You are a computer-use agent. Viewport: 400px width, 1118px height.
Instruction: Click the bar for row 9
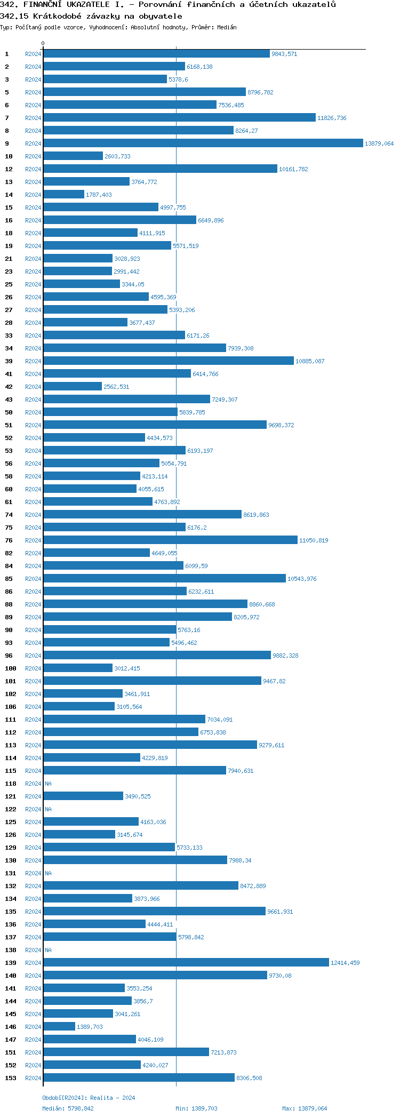tap(203, 143)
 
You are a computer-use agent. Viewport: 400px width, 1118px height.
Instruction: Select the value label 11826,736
tap(332, 118)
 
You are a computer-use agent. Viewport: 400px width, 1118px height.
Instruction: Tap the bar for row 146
tap(59, 1026)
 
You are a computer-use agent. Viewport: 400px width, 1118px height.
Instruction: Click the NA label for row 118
tap(48, 784)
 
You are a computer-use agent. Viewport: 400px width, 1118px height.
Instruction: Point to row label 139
tap(11, 963)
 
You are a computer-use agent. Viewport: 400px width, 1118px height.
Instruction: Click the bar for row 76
tap(170, 540)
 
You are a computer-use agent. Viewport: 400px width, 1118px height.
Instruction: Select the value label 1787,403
tap(99, 195)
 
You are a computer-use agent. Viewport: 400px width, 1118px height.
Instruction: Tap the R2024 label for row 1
tap(33, 54)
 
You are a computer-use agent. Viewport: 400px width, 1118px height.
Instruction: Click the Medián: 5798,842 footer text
tap(68, 1108)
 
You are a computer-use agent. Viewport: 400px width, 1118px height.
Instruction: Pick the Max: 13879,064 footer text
tap(305, 1108)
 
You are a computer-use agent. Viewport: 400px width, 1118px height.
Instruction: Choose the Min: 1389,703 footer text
tap(196, 1108)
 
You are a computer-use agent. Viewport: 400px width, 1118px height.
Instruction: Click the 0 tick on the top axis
tap(43, 44)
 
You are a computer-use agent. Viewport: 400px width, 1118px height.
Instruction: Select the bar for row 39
tap(169, 361)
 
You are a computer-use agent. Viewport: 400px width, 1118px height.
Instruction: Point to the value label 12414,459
tap(345, 963)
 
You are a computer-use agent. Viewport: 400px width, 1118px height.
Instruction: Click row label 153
tap(11, 1078)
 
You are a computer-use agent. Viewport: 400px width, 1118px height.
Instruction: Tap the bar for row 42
tap(73, 386)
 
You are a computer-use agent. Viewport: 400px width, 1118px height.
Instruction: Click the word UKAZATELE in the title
tap(88, 4)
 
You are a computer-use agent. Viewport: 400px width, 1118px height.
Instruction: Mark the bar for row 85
tap(164, 578)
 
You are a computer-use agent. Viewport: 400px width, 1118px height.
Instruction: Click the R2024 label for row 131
tap(33, 873)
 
